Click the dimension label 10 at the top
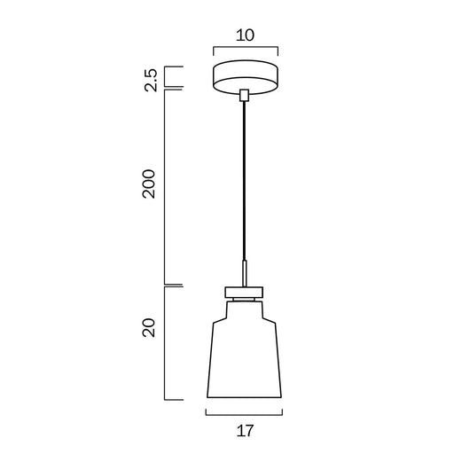click(245, 35)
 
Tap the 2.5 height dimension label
click(151, 80)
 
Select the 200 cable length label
click(149, 184)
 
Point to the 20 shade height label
click(149, 327)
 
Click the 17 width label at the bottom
click(245, 431)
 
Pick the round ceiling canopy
click(246, 77)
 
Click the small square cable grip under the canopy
click(244, 95)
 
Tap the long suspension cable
click(244, 181)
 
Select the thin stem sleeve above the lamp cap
click(245, 274)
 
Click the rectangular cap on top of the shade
click(244, 292)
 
